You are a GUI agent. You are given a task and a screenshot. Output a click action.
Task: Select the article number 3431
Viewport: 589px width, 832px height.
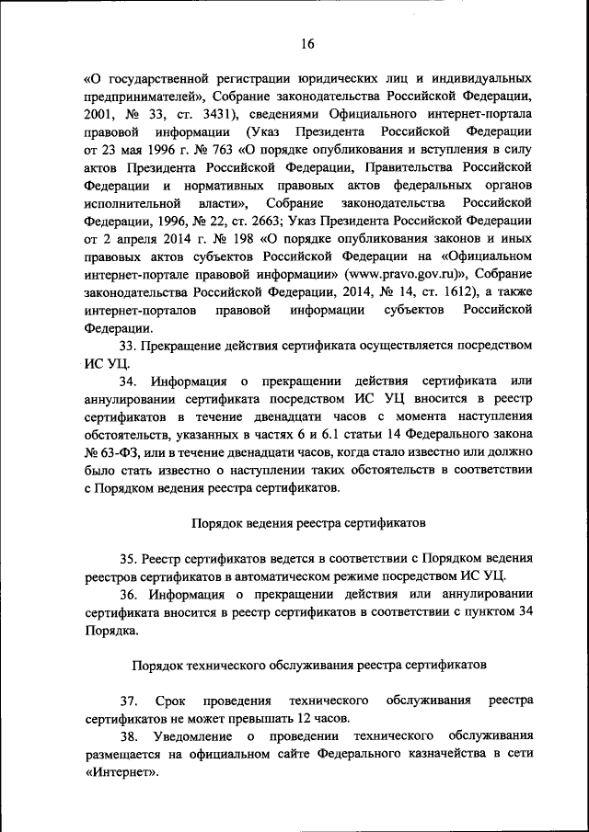point(216,114)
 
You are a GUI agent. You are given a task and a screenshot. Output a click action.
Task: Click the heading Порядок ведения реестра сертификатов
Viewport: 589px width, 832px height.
point(308,523)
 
